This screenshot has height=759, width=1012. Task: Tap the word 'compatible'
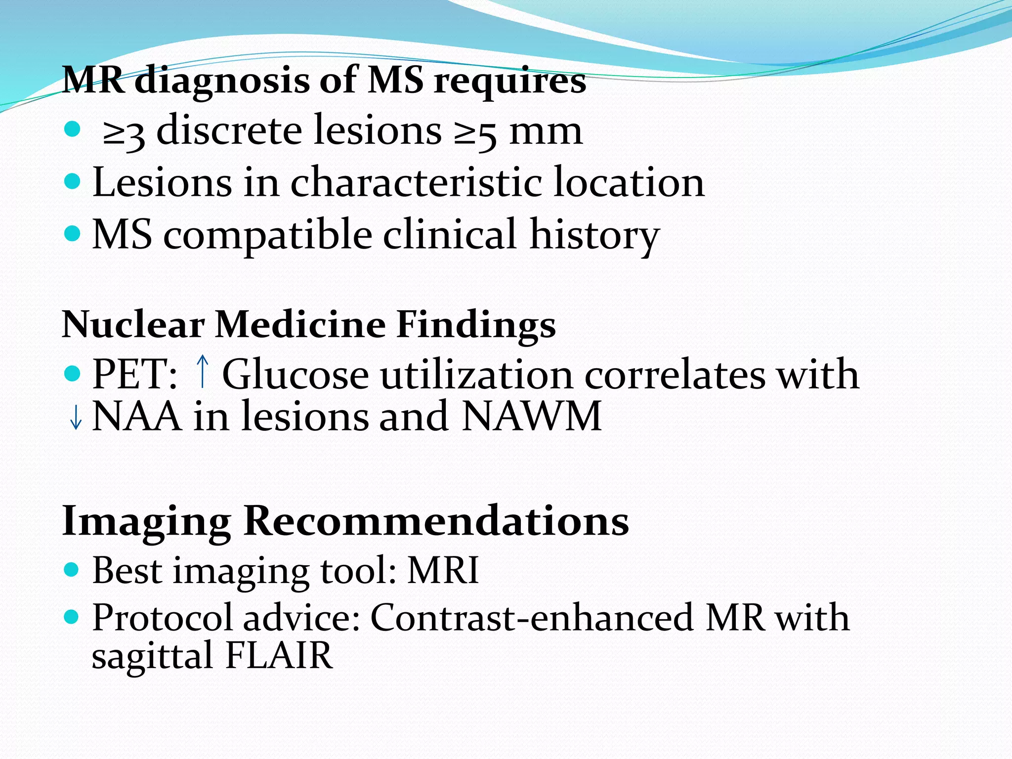(x=267, y=235)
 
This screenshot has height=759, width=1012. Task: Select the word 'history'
(x=594, y=235)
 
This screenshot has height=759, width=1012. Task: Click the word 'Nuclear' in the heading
(x=133, y=325)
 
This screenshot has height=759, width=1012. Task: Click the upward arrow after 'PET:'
(x=202, y=372)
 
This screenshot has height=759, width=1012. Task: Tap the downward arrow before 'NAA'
(x=76, y=418)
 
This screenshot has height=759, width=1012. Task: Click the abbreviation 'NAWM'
(x=532, y=417)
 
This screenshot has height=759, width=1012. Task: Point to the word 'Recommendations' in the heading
(x=436, y=521)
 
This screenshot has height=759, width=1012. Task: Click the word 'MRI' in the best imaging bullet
(x=443, y=571)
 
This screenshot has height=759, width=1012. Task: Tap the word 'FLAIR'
(x=279, y=656)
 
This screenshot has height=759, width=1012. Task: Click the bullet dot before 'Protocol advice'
(x=72, y=617)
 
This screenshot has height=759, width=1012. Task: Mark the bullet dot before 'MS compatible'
(x=72, y=233)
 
